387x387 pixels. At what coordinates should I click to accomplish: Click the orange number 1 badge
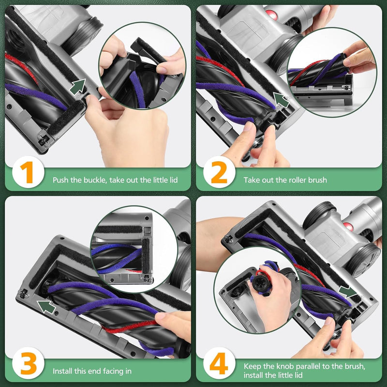pos(28,172)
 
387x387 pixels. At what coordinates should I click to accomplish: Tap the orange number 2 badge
pos(219,172)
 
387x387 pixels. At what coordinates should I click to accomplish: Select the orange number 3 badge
pos(28,363)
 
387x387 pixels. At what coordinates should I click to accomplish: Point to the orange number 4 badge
pos(219,363)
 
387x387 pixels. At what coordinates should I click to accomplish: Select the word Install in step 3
pos(63,371)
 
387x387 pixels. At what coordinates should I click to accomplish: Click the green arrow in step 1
pos(78,87)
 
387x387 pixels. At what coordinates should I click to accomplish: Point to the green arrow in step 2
pos(281,100)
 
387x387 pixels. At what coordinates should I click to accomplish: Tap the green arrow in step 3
pos(46,307)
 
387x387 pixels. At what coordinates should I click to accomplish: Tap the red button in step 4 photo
pos(348,227)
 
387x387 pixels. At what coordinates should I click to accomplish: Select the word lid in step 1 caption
pos(173,180)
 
